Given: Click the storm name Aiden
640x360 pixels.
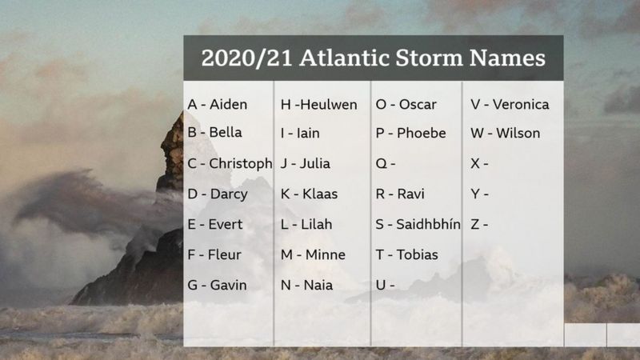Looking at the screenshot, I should [x=228, y=104].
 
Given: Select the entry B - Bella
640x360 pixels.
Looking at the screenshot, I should [x=215, y=133].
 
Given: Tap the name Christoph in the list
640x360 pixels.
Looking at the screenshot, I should [x=241, y=163].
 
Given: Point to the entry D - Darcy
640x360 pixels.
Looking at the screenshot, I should [x=218, y=194].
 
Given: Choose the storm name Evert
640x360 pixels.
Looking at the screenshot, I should [x=226, y=224].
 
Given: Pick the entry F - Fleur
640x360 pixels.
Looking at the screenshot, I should [x=214, y=254].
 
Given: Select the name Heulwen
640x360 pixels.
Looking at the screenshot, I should [x=330, y=104].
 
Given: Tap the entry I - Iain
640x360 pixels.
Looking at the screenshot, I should [x=300, y=133].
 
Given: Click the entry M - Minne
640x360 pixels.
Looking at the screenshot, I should [x=313, y=254].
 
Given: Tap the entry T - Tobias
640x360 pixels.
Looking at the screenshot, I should [x=407, y=254].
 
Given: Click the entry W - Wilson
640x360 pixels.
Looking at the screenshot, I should [x=506, y=133].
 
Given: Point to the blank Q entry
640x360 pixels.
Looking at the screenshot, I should [x=386, y=163].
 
